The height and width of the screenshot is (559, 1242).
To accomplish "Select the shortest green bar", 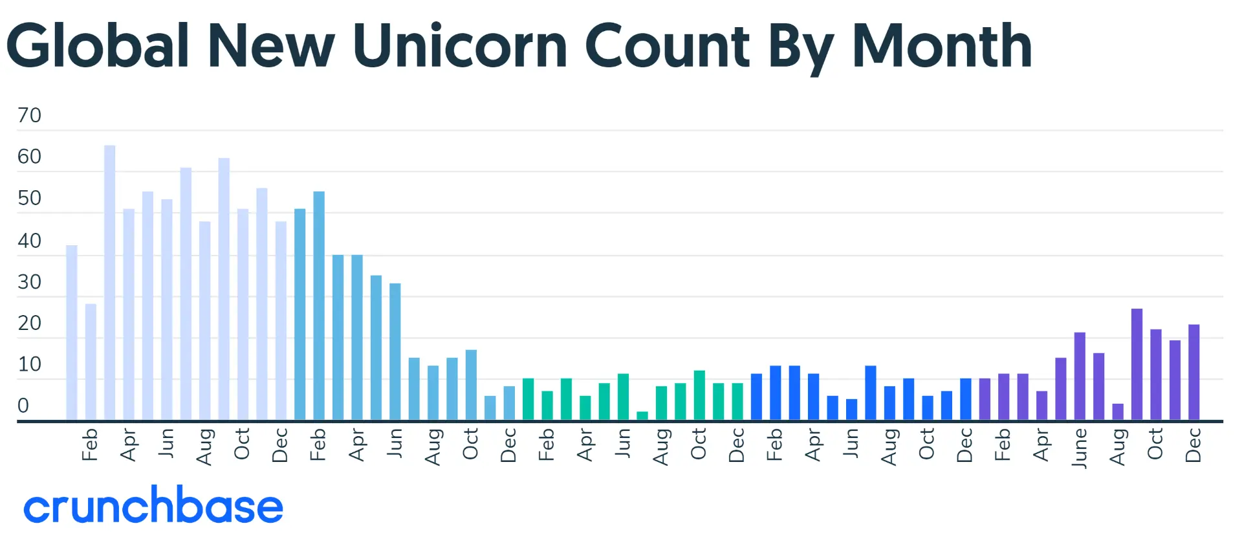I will point(642,416).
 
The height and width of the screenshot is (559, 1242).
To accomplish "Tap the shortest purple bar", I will point(1118,412).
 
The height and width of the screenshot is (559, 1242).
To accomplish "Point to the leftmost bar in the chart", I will point(72,333).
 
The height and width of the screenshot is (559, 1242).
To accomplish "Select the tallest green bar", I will point(699,395).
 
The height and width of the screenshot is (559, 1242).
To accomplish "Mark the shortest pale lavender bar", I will point(91,362).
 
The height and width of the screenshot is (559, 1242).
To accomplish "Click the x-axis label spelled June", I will point(1080,448).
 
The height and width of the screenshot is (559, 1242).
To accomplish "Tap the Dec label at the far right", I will point(1194,445).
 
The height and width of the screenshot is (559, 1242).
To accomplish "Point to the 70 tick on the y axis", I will point(29,115).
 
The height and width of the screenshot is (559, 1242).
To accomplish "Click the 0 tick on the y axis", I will point(23,406).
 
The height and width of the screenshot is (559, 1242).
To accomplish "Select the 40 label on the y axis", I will point(29,241).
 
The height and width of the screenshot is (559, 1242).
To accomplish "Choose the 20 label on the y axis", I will point(29,323).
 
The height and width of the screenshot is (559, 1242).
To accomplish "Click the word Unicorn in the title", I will point(460,46).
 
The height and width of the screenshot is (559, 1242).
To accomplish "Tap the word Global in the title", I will point(98,46).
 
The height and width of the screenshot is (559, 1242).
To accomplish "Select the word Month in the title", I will point(942,46).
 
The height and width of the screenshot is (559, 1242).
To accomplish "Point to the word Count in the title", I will point(667,46).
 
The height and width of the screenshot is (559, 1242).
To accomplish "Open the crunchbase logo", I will point(153,505).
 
